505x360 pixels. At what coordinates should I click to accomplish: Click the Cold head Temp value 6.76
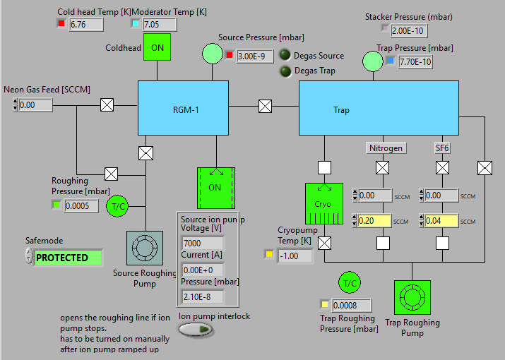pyautogui.click(x=86, y=25)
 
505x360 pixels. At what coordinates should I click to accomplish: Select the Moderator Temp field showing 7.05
pyautogui.click(x=160, y=25)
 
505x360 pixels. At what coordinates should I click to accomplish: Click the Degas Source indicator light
pyautogui.click(x=285, y=55)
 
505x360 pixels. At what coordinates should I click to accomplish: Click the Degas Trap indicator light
pyautogui.click(x=285, y=71)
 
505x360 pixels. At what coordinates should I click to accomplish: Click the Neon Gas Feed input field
pyautogui.click(x=35, y=105)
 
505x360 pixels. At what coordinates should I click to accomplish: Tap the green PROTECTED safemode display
pyautogui.click(x=68, y=258)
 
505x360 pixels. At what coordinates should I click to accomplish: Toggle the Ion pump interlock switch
pyautogui.click(x=195, y=330)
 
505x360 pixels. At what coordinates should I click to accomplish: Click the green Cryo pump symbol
pyautogui.click(x=323, y=204)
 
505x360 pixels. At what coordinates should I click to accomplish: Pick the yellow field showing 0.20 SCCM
pyautogui.click(x=374, y=221)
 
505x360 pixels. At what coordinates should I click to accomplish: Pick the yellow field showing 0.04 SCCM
pyautogui.click(x=439, y=221)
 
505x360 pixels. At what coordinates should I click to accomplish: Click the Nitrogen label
pyautogui.click(x=386, y=148)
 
